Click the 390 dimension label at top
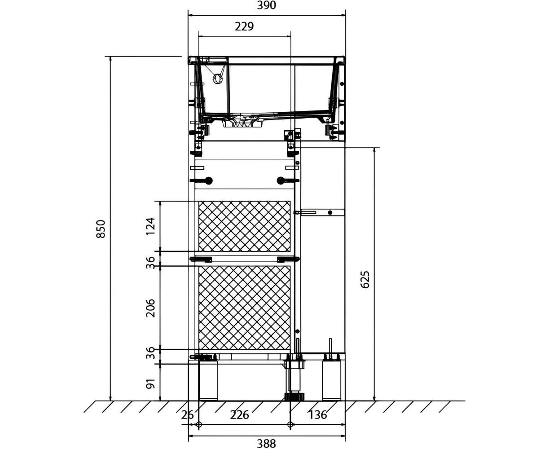[x=266, y=5]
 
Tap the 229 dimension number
[x=244, y=26]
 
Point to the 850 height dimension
[x=101, y=229]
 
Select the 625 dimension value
[x=365, y=280]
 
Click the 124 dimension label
[x=150, y=226]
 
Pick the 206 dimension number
[x=150, y=308]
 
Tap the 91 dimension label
[x=150, y=383]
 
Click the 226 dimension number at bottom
[x=239, y=415]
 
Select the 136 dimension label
[x=317, y=415]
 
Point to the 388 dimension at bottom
[x=266, y=444]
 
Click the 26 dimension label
[x=188, y=415]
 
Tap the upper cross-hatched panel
[x=244, y=226]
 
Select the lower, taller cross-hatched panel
[x=244, y=308]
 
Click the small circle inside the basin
[x=217, y=79]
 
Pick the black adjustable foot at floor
[x=294, y=396]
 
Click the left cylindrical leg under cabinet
[x=208, y=380]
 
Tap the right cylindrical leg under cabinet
[x=331, y=380]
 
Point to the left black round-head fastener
[x=208, y=180]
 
